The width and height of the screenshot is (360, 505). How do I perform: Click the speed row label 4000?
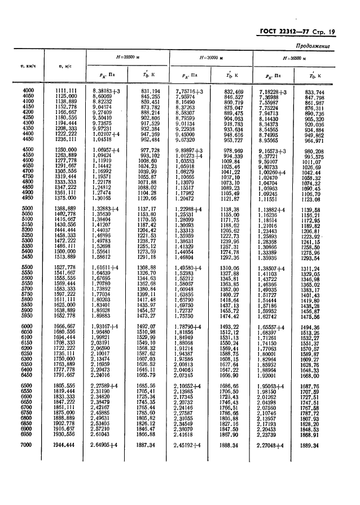(x=28, y=91)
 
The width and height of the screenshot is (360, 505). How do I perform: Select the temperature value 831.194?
(x=149, y=91)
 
